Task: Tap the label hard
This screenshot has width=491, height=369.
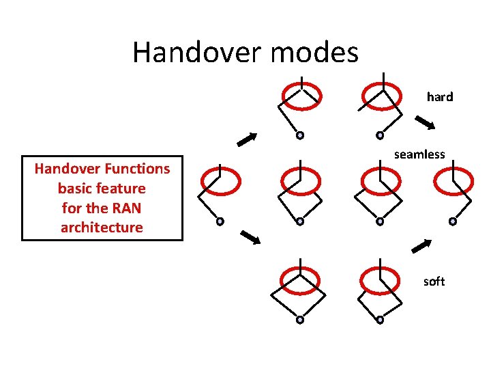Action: pos(440,97)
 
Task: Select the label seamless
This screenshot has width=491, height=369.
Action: pos(419,154)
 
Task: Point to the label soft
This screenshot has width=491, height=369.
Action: pos(434,282)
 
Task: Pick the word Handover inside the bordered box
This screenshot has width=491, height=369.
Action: pos(64,168)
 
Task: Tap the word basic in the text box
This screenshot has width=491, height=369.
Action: pos(75,188)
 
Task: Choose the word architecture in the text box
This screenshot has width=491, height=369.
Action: pos(102,228)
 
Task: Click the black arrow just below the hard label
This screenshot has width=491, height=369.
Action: pos(426,124)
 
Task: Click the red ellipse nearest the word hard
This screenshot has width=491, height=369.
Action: pos(380,93)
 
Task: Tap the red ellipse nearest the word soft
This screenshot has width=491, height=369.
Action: pos(380,279)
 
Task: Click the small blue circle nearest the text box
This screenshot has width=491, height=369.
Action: pos(220,221)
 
